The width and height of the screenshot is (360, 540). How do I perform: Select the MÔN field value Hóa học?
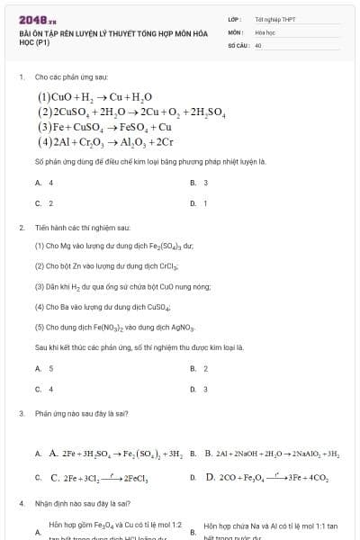(x=265, y=31)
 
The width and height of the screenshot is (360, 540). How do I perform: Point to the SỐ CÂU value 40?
(x=258, y=44)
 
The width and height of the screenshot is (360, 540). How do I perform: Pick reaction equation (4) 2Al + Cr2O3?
(x=105, y=142)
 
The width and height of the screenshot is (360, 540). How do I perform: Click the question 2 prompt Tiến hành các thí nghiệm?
(x=83, y=227)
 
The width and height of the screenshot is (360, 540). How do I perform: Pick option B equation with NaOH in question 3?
(x=270, y=454)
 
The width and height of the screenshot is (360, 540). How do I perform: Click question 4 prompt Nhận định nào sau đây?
(x=83, y=503)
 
